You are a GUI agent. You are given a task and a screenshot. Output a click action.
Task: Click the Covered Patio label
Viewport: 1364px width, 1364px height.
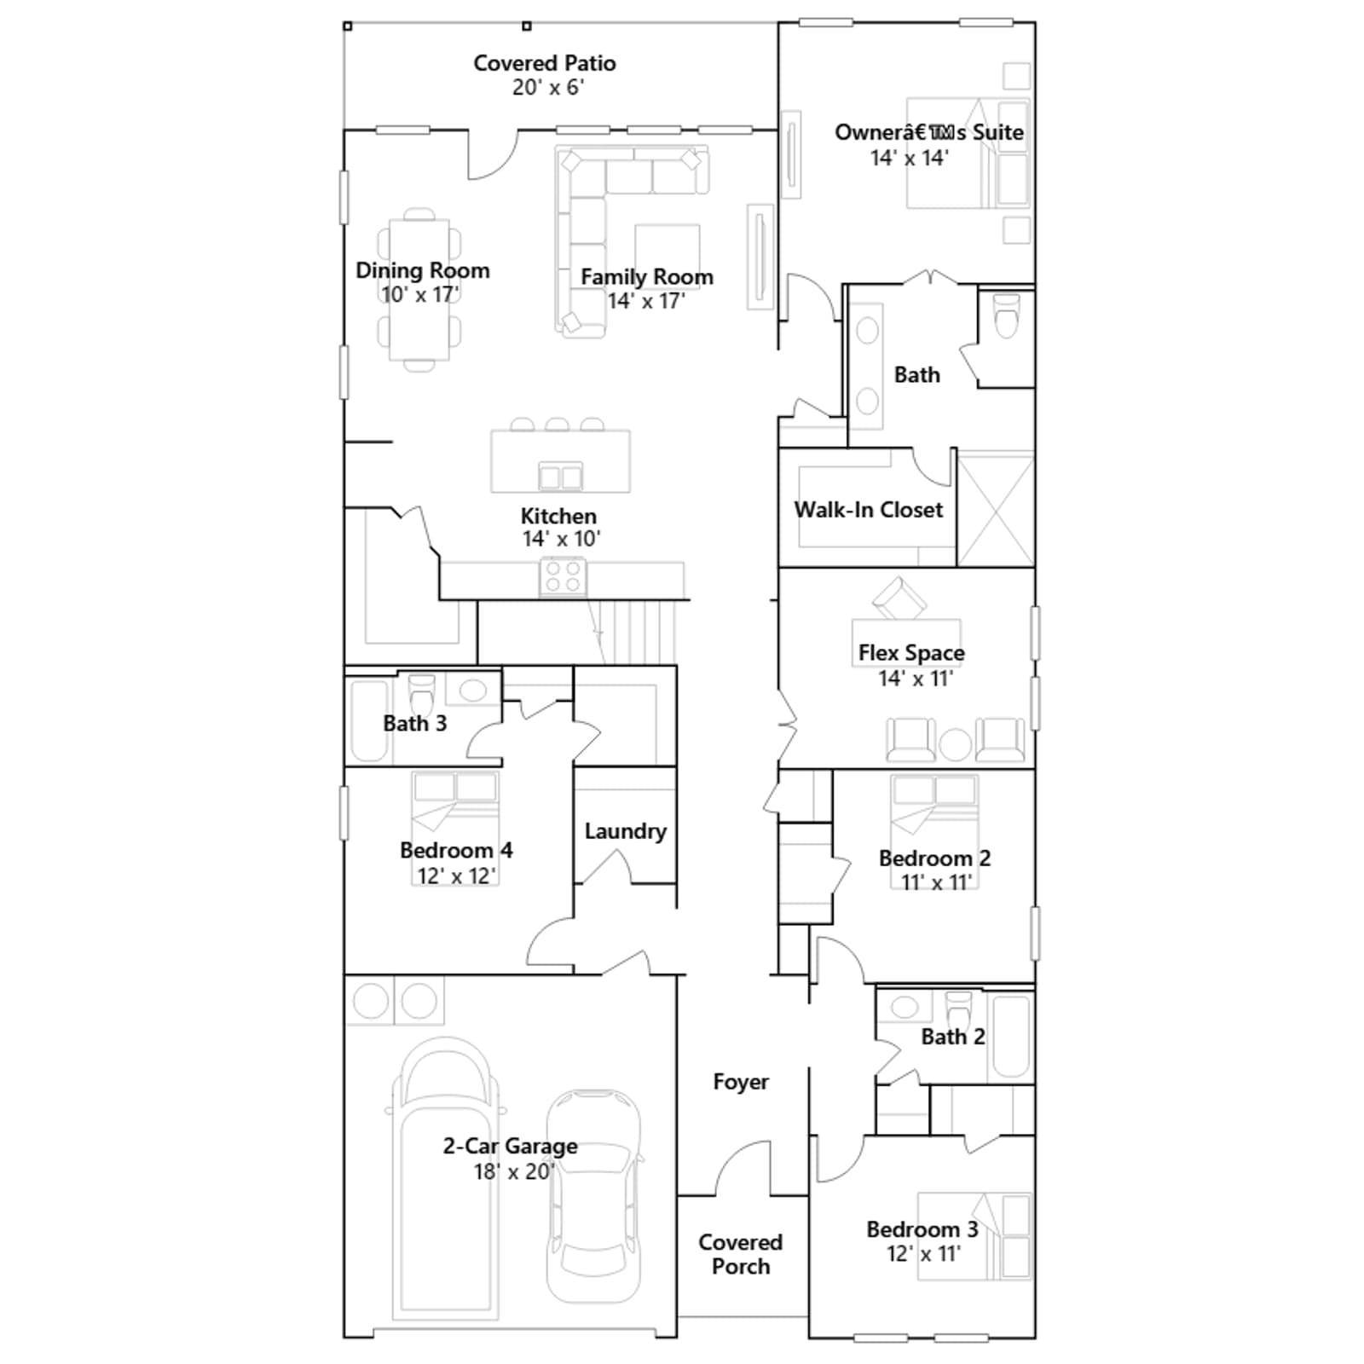tap(545, 63)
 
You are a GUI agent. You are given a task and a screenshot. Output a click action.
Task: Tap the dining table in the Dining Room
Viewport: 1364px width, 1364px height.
tap(419, 290)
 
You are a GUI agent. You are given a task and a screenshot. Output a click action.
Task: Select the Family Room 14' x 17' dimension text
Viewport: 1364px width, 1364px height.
tap(646, 301)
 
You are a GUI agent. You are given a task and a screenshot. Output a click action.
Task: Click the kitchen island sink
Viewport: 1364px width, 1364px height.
tap(560, 477)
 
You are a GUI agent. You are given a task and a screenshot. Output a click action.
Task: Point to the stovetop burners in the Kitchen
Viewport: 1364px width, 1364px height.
tap(563, 576)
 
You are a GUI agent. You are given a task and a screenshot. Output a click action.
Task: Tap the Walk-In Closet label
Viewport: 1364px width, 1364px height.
tap(869, 510)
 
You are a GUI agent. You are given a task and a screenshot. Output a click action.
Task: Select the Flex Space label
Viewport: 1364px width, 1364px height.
tap(911, 653)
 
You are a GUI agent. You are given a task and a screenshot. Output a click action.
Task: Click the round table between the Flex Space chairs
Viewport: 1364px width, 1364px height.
tap(955, 743)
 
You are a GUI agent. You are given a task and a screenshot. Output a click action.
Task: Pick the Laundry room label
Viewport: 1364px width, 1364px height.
tap(625, 831)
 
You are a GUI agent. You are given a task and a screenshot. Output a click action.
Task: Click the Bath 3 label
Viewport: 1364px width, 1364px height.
tap(414, 724)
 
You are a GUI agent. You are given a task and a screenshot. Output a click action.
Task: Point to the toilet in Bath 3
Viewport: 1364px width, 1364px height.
tap(421, 694)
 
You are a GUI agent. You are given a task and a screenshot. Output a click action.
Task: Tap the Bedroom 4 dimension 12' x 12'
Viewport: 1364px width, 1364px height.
tap(456, 876)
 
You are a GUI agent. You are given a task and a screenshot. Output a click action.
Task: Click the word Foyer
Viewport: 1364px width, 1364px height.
tap(741, 1082)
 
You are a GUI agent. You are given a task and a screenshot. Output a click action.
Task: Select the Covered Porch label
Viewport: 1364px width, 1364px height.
tap(740, 1255)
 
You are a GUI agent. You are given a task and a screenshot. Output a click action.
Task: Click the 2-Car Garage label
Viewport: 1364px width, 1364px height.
tap(510, 1147)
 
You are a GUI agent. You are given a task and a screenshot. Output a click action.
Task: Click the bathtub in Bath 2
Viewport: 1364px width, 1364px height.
tap(1010, 1034)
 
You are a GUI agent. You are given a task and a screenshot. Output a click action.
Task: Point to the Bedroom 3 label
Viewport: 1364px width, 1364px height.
tap(922, 1229)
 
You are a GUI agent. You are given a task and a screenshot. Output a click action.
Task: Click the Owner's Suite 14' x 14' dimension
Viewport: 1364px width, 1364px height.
tap(909, 158)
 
